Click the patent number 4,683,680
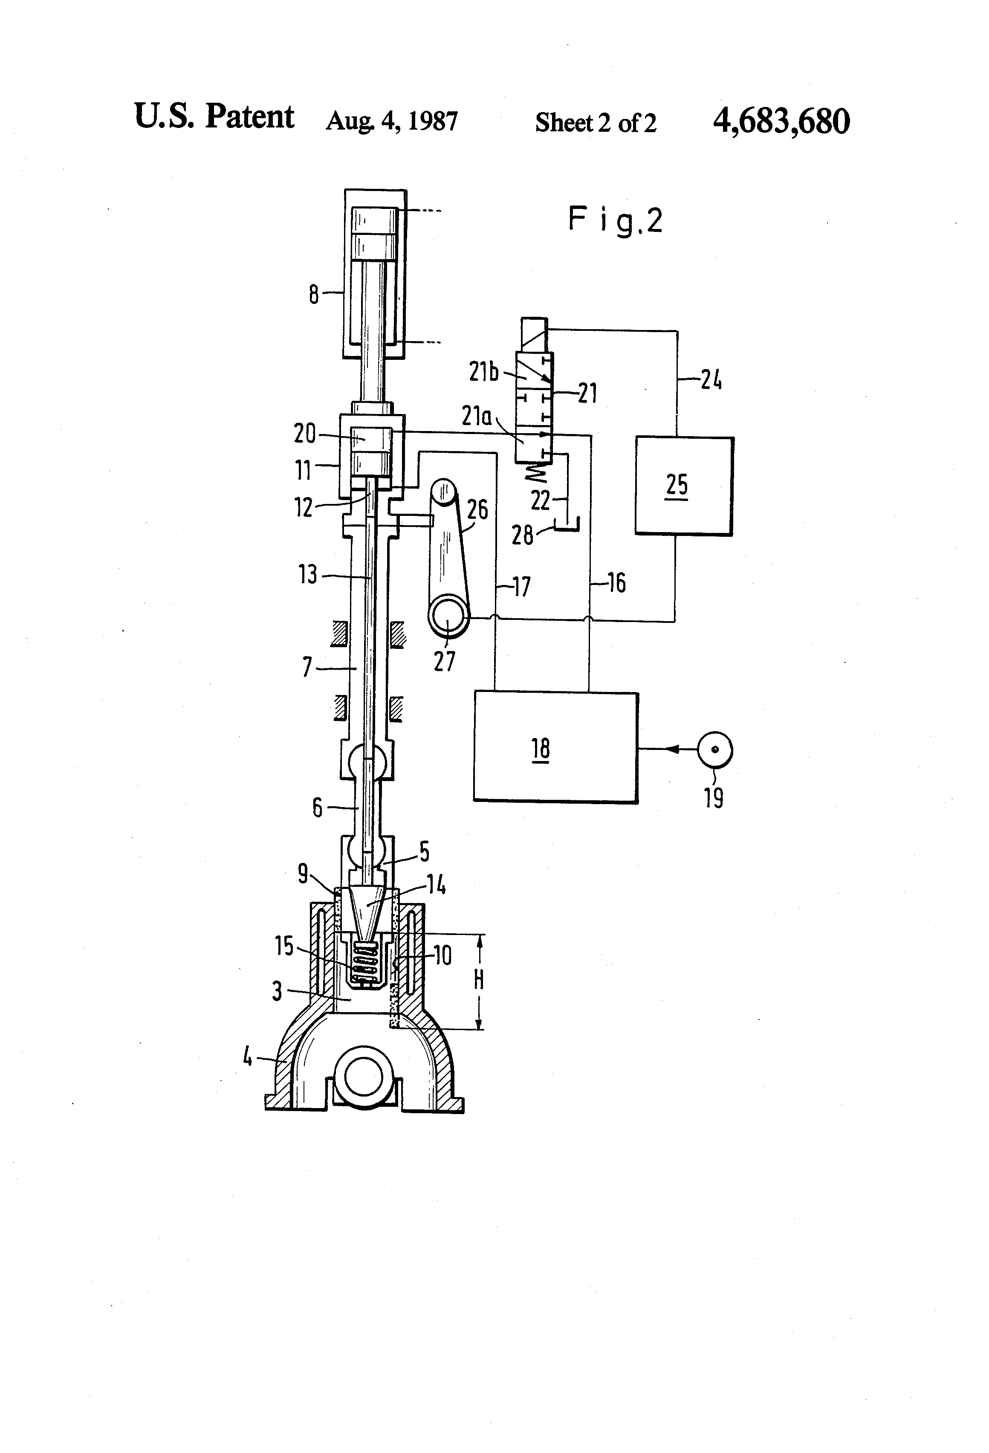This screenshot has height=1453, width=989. coord(781,121)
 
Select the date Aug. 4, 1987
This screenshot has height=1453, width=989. coord(391,121)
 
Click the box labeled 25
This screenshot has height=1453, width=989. coord(684,486)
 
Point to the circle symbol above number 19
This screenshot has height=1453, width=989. coord(714,749)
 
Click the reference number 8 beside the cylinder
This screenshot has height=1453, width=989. coord(314,293)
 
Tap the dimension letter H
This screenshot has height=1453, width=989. coord(479,980)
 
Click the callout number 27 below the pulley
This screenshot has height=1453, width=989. coord(445,661)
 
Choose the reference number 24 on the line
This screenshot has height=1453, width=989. coord(711,379)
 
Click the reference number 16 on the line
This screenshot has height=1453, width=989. coord(616,583)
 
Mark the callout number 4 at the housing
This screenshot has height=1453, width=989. coord(248,1057)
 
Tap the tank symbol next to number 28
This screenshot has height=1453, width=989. coord(568,525)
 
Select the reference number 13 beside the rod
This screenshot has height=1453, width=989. coord(308,574)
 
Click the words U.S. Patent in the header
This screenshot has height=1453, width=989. coord(214,116)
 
